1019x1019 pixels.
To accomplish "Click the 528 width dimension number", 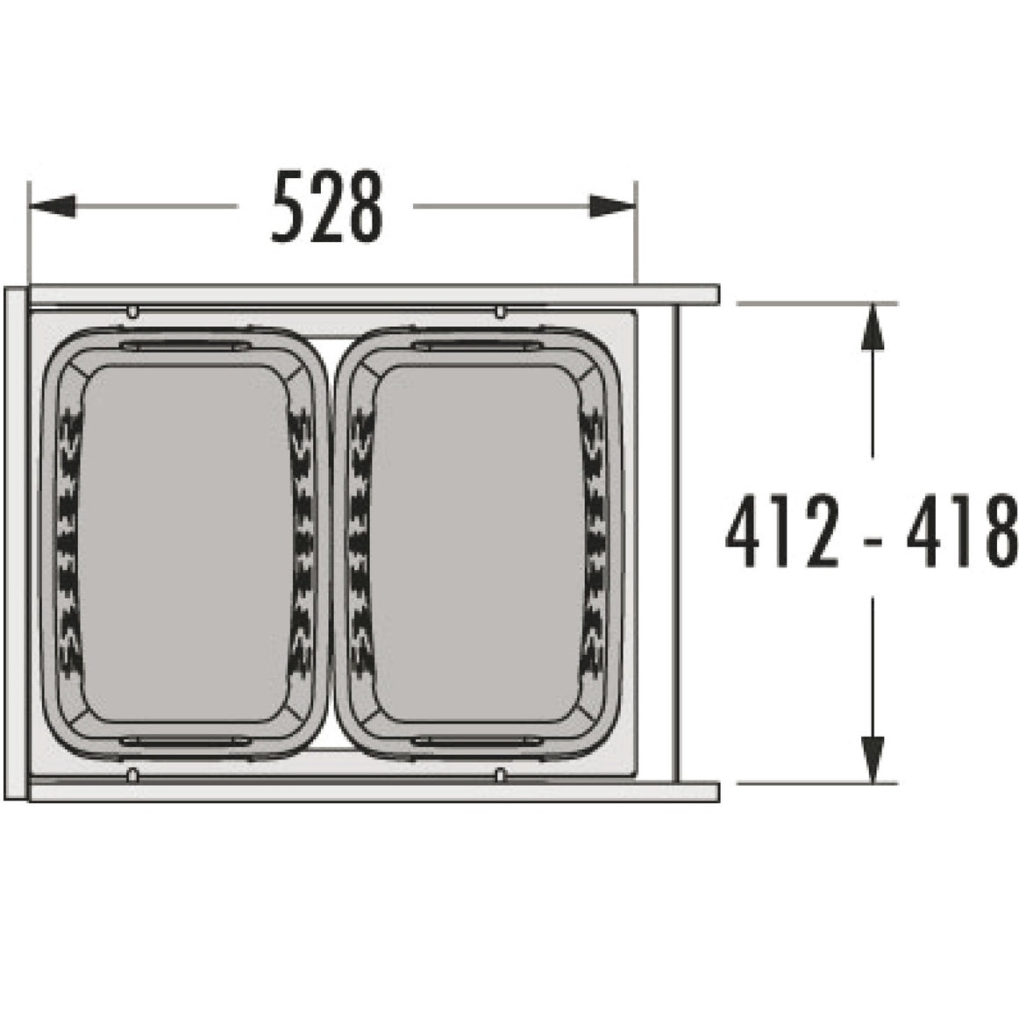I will [326, 208].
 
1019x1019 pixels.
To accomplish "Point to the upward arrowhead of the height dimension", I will [870, 325].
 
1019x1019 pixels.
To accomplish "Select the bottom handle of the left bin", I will [184, 742].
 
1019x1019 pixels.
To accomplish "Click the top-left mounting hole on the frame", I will [132, 311].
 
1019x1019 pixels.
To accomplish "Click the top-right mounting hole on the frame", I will [500, 311].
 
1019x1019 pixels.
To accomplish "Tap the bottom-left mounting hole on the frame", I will [132, 774].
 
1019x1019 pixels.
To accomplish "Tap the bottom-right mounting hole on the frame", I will [500, 774].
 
